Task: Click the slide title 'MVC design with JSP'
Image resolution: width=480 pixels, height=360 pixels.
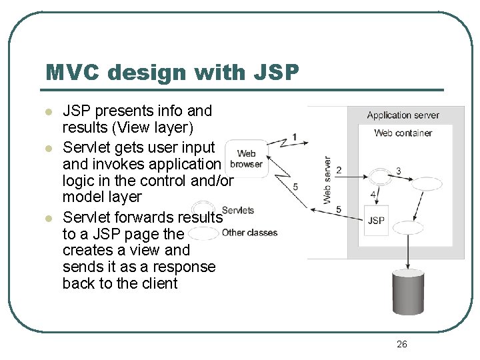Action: pos(172,72)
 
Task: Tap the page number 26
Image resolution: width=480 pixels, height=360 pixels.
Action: pos(401,344)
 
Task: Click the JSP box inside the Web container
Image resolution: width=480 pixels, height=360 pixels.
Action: pos(376,221)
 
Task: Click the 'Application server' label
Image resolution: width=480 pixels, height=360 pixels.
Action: pos(403,115)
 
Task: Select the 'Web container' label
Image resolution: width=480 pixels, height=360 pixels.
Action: pos(403,133)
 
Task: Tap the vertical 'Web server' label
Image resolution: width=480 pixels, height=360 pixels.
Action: pos(327,180)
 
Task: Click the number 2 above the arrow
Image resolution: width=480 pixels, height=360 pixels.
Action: pos(339,171)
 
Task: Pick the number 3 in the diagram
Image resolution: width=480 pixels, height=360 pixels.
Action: pos(398,171)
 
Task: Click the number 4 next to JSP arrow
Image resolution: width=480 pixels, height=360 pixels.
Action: pos(373,195)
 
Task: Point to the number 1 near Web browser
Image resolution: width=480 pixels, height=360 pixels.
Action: pos(294,138)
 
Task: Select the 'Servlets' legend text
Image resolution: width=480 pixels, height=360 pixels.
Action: pos(237,211)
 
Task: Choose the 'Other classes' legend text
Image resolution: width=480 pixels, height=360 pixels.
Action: pos(249,233)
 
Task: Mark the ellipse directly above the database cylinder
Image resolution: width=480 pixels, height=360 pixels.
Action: pos(409,228)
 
